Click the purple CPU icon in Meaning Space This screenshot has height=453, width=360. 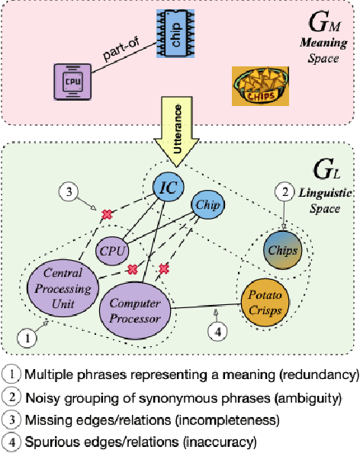(x=69, y=80)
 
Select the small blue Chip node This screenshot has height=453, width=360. (x=207, y=204)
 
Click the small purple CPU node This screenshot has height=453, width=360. (x=112, y=249)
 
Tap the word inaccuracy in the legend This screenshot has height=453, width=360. (x=233, y=441)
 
